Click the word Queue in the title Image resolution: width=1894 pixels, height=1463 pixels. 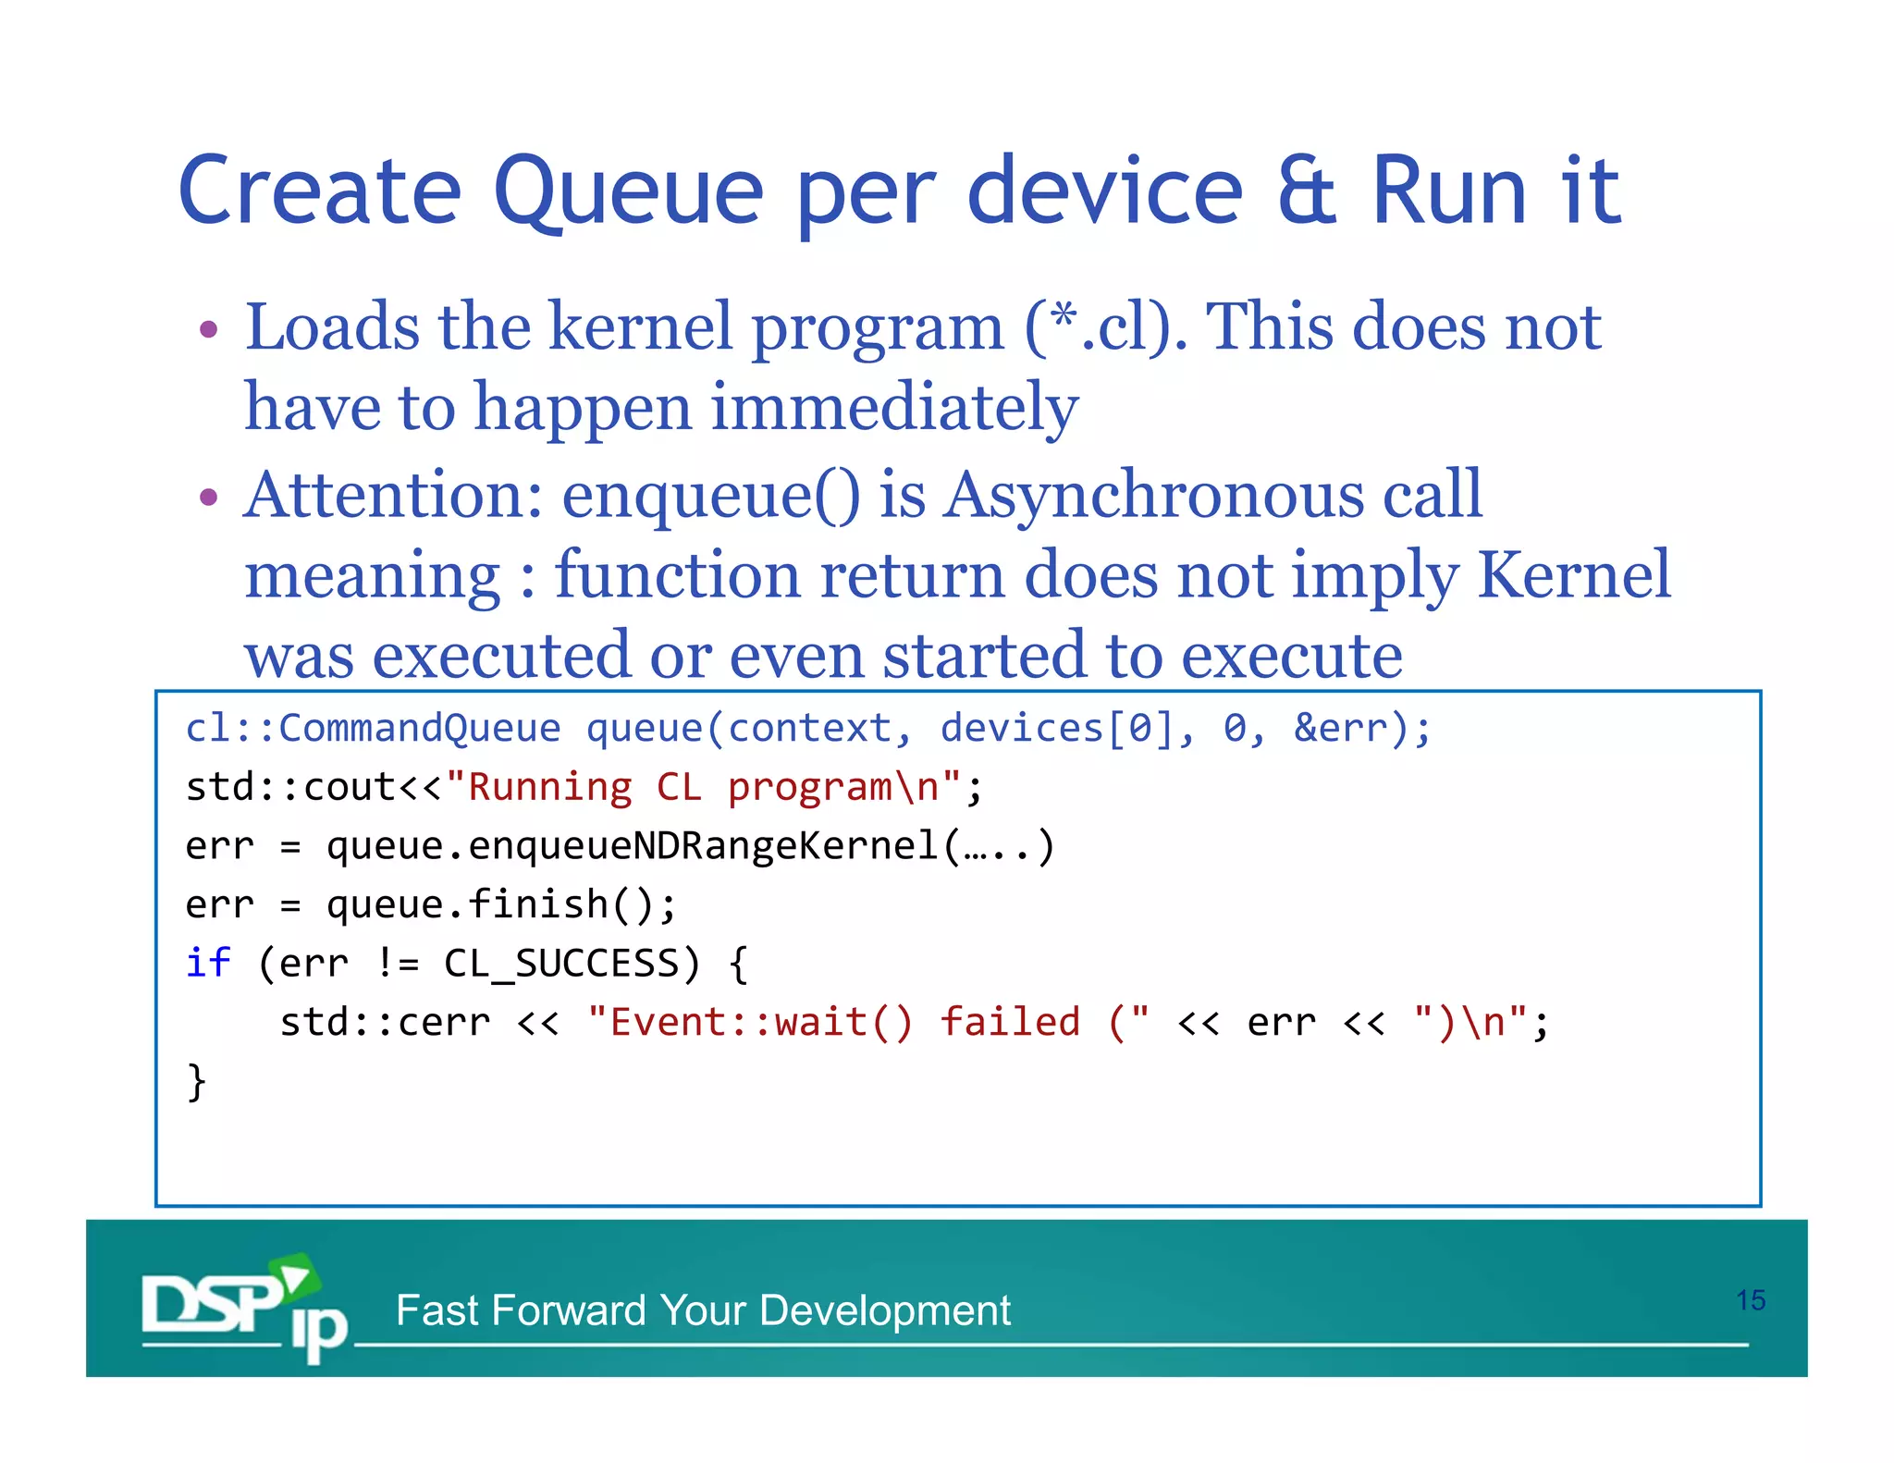629,192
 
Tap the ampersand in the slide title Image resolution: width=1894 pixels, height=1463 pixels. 1306,192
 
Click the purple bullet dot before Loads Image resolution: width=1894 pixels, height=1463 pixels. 209,329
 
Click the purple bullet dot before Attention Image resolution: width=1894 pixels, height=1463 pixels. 209,498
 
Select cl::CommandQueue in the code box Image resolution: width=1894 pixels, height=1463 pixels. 373,729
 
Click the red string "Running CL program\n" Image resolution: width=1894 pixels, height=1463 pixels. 703,787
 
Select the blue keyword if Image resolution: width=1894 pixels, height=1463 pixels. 207,963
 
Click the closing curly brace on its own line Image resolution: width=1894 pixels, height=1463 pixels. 196,1080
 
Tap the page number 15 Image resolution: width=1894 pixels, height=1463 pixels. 1750,1300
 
